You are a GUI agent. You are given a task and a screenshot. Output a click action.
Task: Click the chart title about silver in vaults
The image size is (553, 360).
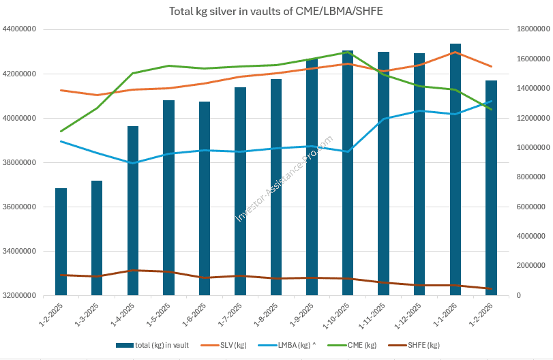click(275, 12)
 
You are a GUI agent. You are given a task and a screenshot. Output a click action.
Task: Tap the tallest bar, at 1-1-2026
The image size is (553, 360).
click(455, 170)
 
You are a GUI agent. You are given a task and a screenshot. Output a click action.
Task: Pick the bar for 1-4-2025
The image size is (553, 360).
click(133, 211)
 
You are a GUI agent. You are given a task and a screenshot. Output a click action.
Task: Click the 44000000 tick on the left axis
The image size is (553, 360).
click(20, 29)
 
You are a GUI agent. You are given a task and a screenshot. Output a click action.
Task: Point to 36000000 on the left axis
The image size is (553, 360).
click(20, 207)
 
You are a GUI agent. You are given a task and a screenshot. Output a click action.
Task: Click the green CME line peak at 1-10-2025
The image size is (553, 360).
click(348, 52)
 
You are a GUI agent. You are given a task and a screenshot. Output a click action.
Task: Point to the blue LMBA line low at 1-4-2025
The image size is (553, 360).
click(133, 163)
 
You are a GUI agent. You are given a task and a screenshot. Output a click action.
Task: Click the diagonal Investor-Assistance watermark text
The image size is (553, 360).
click(284, 179)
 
